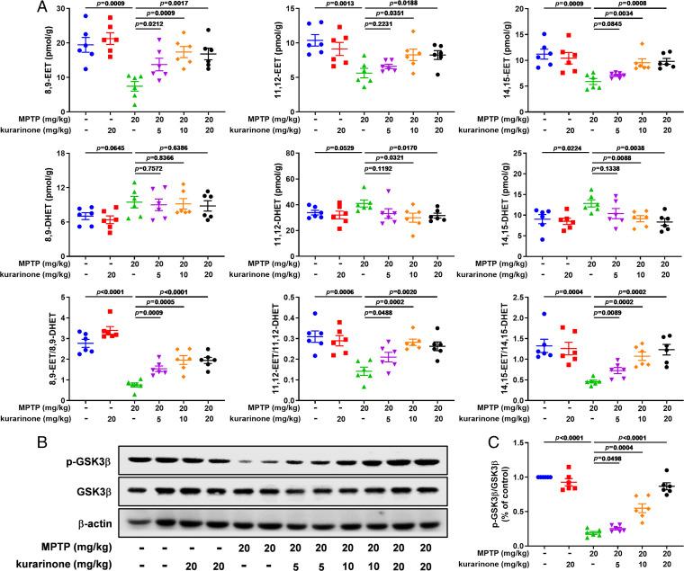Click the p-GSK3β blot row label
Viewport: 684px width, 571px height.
tap(92, 459)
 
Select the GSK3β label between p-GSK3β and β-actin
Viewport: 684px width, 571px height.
tap(97, 488)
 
